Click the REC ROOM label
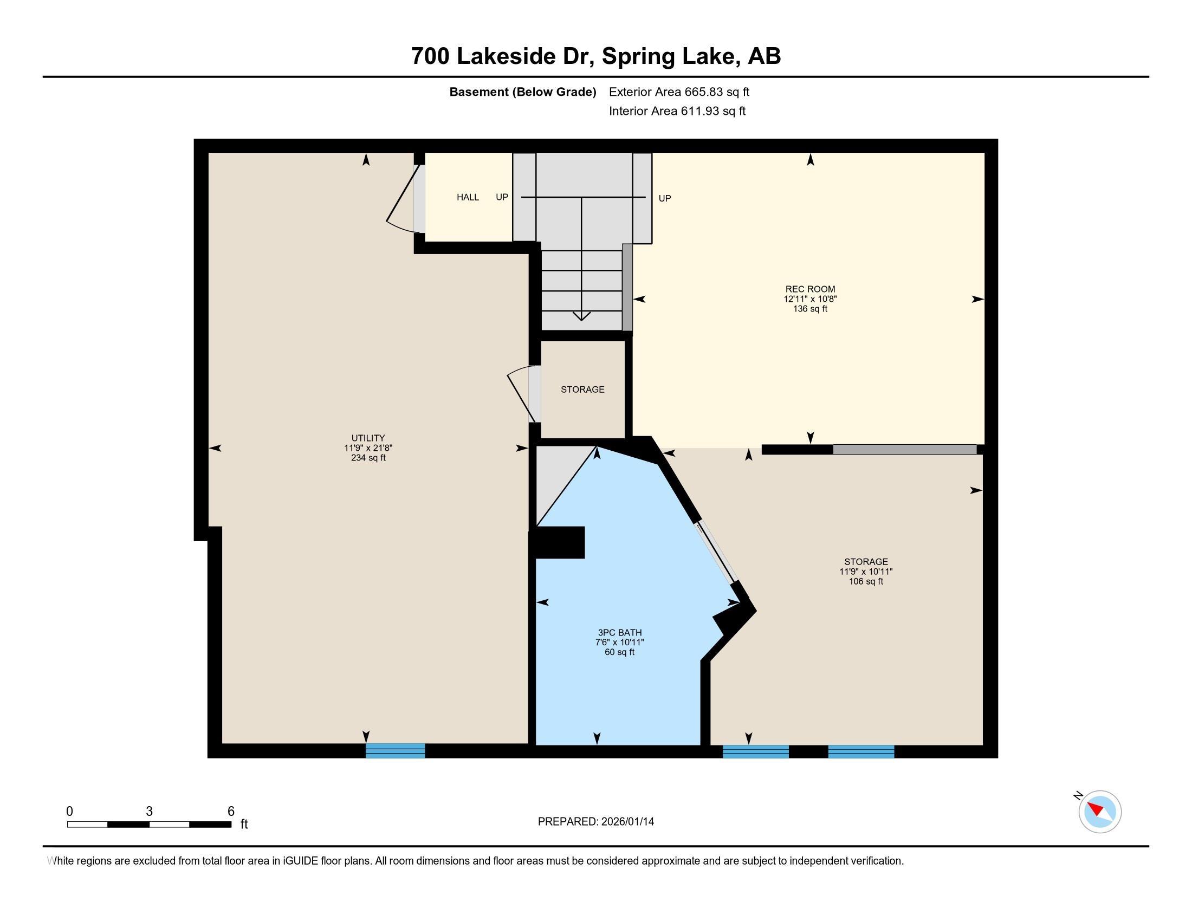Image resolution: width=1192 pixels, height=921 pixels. click(x=810, y=289)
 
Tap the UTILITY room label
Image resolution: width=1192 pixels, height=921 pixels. click(x=368, y=438)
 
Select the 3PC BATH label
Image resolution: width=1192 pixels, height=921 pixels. click(x=619, y=632)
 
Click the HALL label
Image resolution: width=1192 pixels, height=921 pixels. click(x=468, y=197)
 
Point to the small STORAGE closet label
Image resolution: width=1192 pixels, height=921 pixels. click(x=582, y=389)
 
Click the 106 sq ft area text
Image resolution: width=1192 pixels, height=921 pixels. click(x=866, y=581)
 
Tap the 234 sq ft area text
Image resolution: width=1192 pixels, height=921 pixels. click(x=368, y=458)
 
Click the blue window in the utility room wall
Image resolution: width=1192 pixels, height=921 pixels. click(x=395, y=751)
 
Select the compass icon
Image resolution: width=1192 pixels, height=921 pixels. click(x=1099, y=812)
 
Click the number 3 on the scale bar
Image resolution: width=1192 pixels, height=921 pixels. click(x=149, y=811)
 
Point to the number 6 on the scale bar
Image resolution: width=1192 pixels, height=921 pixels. click(x=231, y=811)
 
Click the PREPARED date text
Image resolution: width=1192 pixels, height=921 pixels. click(x=595, y=821)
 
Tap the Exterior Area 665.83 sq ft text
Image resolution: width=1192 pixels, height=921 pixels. click(x=679, y=92)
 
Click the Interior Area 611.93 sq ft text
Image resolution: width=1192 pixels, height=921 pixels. click(x=677, y=111)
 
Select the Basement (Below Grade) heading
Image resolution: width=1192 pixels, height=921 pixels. click(x=522, y=92)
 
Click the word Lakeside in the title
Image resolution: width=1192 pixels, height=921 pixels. click(x=507, y=56)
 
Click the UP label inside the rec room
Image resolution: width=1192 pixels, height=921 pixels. click(x=664, y=198)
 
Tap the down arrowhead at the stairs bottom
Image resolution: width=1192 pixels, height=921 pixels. click(x=581, y=316)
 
